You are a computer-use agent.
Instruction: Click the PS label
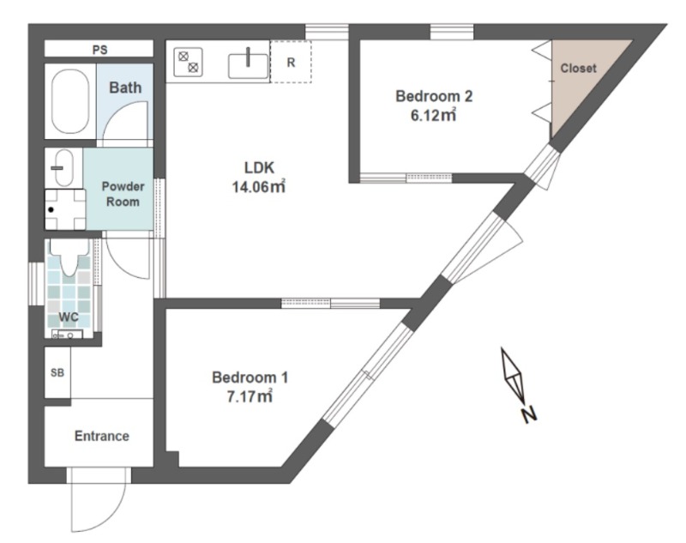click(x=99, y=50)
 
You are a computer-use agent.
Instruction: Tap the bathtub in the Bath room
click(x=70, y=101)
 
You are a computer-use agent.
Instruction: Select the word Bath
click(x=125, y=87)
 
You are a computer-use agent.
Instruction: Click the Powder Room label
click(x=123, y=194)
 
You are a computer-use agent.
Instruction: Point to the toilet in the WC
click(x=69, y=256)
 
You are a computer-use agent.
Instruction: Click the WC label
click(x=69, y=317)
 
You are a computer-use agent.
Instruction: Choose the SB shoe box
click(x=57, y=372)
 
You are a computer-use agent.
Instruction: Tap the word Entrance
click(x=102, y=436)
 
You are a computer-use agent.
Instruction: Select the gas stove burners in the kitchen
click(x=189, y=62)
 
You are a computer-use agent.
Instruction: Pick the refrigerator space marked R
click(x=291, y=62)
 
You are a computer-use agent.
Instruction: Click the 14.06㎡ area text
click(x=259, y=187)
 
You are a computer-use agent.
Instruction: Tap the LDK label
click(x=259, y=167)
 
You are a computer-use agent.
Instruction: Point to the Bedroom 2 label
click(x=434, y=96)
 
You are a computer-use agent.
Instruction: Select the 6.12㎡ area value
click(x=434, y=115)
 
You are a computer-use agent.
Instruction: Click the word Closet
click(x=578, y=69)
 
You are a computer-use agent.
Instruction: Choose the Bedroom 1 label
click(x=250, y=377)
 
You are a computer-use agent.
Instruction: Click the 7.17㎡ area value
click(x=250, y=396)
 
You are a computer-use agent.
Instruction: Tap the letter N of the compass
click(x=529, y=415)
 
